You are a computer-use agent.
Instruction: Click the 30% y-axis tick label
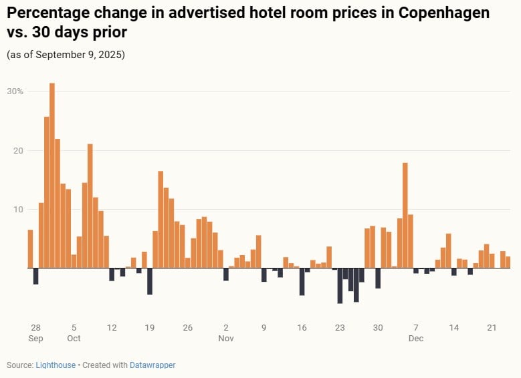coord(16,91)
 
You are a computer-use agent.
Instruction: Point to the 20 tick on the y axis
coord(19,151)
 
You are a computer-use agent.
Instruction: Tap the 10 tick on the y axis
coord(19,210)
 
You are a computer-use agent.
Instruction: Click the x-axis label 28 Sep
coord(36,328)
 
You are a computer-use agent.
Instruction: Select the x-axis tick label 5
coord(74,328)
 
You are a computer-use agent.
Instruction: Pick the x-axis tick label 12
coord(112,328)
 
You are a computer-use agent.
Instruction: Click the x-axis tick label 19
coord(150,328)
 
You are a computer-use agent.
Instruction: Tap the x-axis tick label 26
coord(188,328)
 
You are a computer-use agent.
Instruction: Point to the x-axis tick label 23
coord(340,328)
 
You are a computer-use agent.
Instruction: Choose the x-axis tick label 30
coord(378,328)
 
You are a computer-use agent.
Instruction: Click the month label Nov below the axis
coord(226,339)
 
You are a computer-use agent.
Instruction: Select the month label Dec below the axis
coord(416,339)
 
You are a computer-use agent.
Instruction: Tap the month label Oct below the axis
coord(74,339)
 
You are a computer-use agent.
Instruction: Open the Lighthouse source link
coord(56,365)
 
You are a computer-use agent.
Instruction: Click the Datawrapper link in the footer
coord(153,365)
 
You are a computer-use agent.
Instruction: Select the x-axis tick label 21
coord(492,328)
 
